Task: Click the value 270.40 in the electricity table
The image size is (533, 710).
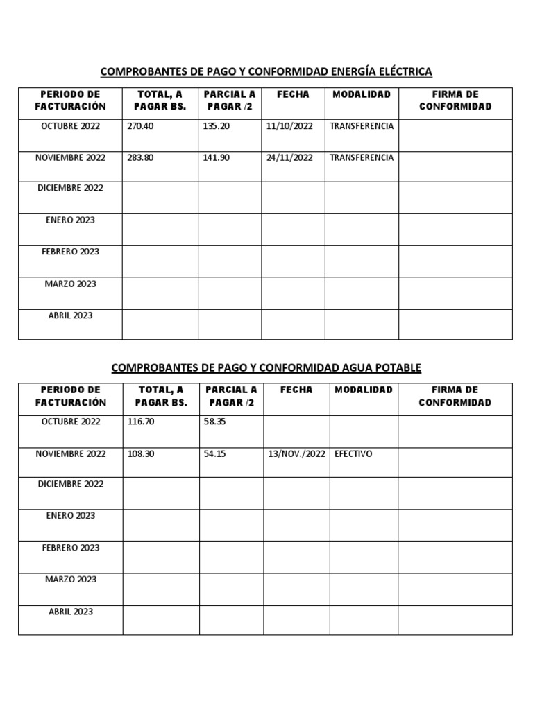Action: click(x=141, y=126)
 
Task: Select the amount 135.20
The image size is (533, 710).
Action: click(x=216, y=126)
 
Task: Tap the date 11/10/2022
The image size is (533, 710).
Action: click(x=289, y=126)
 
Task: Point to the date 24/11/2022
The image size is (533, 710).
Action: click(x=289, y=157)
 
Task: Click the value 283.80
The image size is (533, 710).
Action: click(x=141, y=157)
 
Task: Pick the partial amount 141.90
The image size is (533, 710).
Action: click(x=216, y=157)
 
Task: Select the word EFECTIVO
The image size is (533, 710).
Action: click(x=353, y=453)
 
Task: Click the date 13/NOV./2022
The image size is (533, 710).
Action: click(x=296, y=454)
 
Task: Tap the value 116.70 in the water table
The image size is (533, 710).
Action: click(x=141, y=422)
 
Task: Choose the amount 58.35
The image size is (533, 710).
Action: click(x=215, y=422)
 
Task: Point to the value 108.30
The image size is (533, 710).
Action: click(x=141, y=453)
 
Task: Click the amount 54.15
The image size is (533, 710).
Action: click(x=215, y=453)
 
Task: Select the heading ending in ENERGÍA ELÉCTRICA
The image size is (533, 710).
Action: click(x=266, y=71)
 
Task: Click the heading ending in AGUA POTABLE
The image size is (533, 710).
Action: click(x=266, y=367)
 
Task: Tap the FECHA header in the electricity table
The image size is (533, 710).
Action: click(x=293, y=94)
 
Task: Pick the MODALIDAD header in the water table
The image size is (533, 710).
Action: click(x=364, y=390)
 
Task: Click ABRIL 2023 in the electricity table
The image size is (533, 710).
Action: click(x=70, y=315)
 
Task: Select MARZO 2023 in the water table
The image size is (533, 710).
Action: click(x=70, y=579)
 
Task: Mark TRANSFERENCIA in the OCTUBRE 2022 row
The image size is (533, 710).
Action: click(x=362, y=126)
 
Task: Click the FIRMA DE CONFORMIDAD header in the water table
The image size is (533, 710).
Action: click(x=455, y=396)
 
